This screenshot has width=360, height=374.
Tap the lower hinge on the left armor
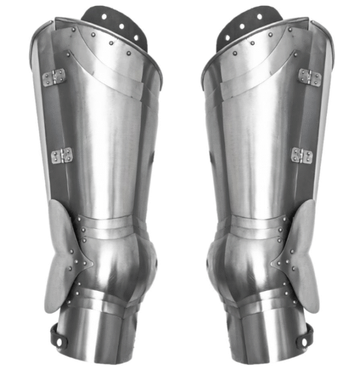pos(61,156)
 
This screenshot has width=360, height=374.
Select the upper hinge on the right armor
pos(309,77)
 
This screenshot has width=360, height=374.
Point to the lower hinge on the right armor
pos(301,155)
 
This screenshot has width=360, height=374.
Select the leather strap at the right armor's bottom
pos(303,339)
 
